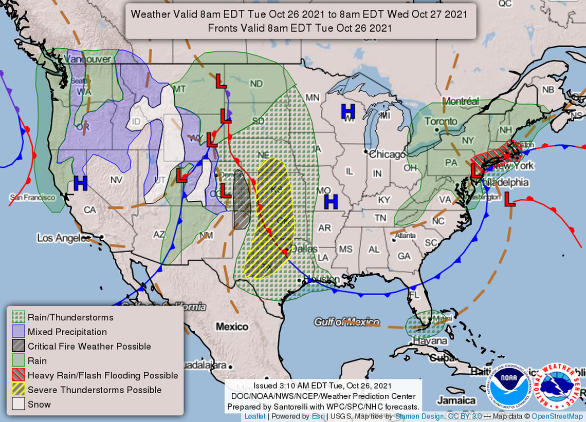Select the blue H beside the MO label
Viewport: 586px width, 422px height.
pyautogui.click(x=331, y=202)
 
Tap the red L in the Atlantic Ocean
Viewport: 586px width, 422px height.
pyautogui.click(x=509, y=199)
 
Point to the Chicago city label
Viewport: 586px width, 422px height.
pyautogui.click(x=387, y=155)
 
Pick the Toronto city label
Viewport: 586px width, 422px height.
pyautogui.click(x=441, y=122)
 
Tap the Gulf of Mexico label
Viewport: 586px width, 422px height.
pyautogui.click(x=347, y=322)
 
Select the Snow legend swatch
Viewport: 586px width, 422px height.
pyautogui.click(x=19, y=404)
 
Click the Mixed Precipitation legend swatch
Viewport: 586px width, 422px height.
pyautogui.click(x=19, y=332)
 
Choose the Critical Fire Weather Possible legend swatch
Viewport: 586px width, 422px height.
pyautogui.click(x=19, y=346)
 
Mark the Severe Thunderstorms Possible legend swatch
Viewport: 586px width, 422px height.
pyautogui.click(x=19, y=390)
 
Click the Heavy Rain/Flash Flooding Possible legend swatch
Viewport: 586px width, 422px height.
pyautogui.click(x=19, y=375)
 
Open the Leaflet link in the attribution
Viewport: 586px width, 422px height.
pyautogui.click(x=255, y=416)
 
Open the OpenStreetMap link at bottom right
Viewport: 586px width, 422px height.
pyautogui.click(x=558, y=416)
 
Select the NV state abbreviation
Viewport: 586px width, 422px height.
pyautogui.click(x=116, y=180)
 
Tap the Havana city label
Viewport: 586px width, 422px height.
pyautogui.click(x=430, y=341)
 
